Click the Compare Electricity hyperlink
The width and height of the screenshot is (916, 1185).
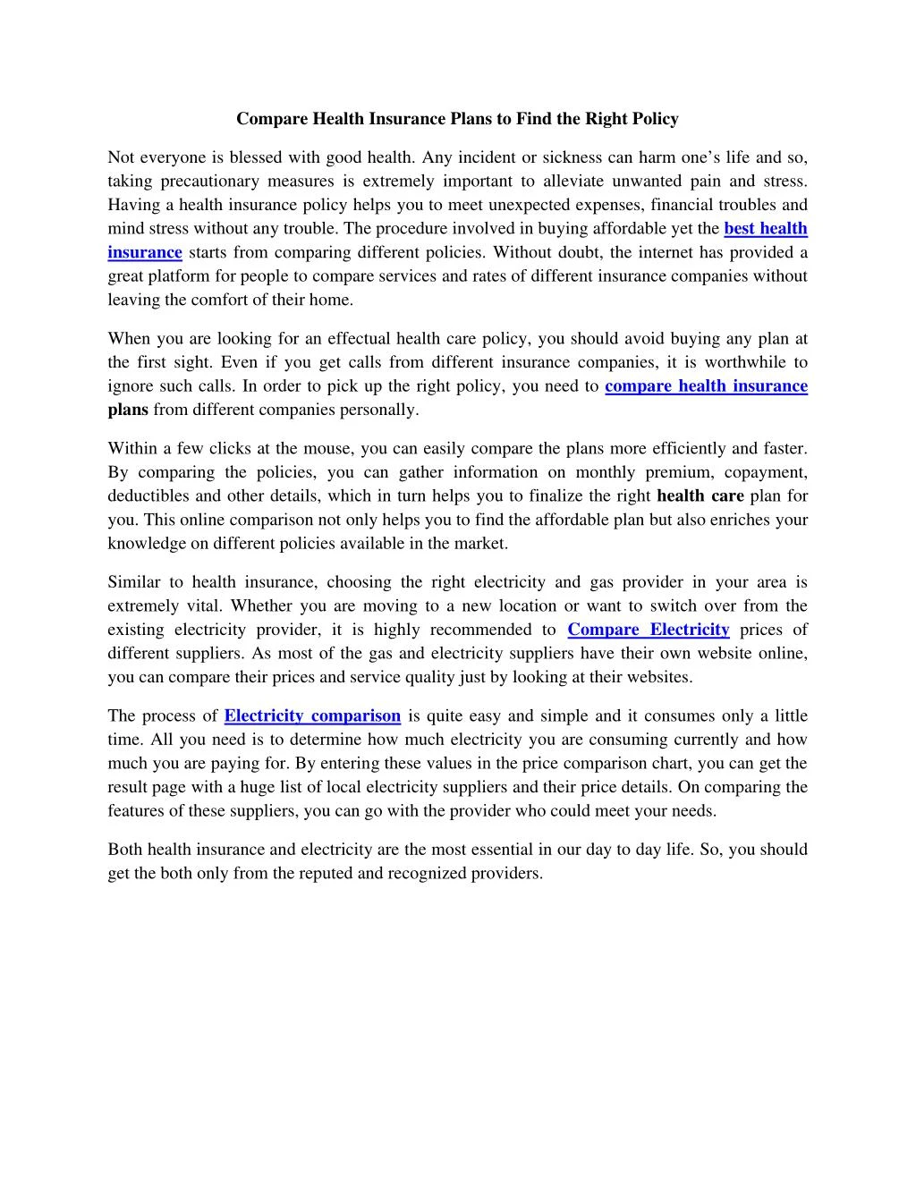[x=649, y=630]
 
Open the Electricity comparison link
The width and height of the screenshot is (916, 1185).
[x=312, y=715]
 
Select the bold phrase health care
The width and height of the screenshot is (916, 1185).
[x=700, y=496]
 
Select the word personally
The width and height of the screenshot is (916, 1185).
[x=385, y=410]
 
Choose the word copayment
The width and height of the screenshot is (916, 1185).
[x=766, y=472]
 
